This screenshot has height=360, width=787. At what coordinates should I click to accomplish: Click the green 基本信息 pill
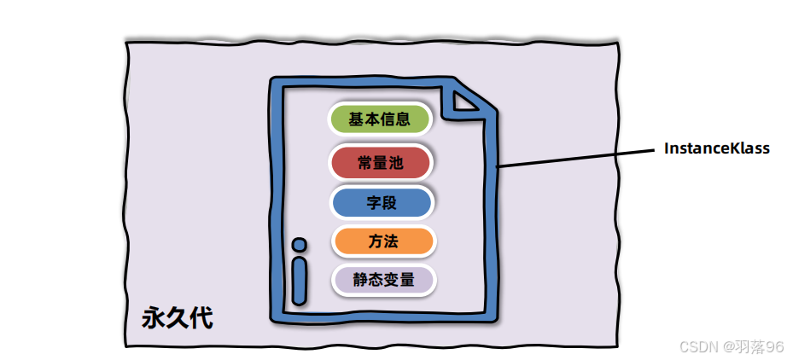pyautogui.click(x=381, y=119)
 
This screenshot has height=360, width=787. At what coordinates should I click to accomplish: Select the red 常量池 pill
pyautogui.click(x=381, y=161)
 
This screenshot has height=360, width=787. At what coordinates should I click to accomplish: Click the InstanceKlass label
pyautogui.click(x=717, y=148)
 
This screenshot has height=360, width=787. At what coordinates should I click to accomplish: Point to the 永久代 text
pyautogui.click(x=177, y=318)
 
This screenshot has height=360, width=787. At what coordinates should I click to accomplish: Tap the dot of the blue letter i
pyautogui.click(x=299, y=245)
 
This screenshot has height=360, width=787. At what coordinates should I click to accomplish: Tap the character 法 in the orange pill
pyautogui.click(x=390, y=241)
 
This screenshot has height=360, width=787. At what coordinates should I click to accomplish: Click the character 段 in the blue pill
pyautogui.click(x=390, y=203)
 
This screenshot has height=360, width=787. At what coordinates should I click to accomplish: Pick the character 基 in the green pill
pyautogui.click(x=356, y=119)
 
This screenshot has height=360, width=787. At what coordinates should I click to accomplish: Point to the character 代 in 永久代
pyautogui.click(x=201, y=318)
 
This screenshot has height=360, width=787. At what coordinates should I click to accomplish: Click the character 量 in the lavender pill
pyautogui.click(x=406, y=279)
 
